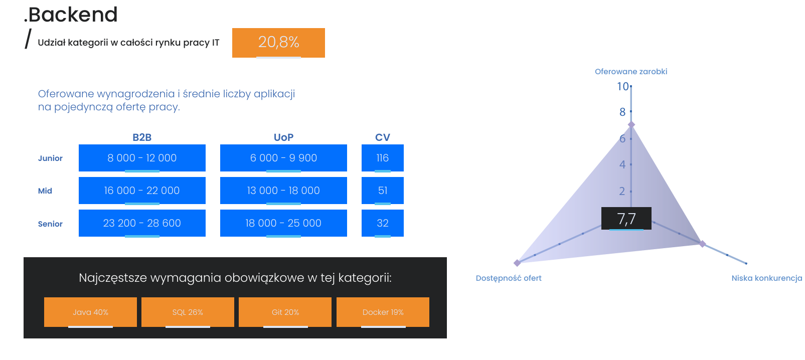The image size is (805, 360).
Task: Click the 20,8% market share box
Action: pos(278,43)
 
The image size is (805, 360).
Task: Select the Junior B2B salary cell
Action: pos(142,158)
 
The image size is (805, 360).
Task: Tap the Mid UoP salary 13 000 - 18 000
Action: pos(283,191)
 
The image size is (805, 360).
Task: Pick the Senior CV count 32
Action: pos(383,223)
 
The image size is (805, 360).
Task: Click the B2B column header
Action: pos(142,137)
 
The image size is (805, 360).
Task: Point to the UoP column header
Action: pos(283,137)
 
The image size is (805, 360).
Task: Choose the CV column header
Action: pos(383,137)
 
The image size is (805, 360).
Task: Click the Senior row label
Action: pos(50,224)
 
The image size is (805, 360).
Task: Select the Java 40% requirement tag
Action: pos(90,312)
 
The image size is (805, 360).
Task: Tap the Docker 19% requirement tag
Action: pos(383,312)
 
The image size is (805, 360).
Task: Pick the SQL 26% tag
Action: pos(188,312)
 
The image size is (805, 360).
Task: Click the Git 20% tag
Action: pos(285,312)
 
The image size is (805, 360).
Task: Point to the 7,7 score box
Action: pos(626,219)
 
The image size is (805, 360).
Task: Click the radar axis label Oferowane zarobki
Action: pos(631,72)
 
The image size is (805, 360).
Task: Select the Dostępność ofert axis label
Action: pos(509,278)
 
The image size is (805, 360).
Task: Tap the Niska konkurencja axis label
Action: pos(766,278)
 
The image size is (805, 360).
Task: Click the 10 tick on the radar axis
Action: pos(623,87)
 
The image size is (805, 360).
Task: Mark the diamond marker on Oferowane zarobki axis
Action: pos(631,124)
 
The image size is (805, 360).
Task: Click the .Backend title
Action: pos(71,15)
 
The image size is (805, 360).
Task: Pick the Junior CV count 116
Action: pos(383,158)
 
